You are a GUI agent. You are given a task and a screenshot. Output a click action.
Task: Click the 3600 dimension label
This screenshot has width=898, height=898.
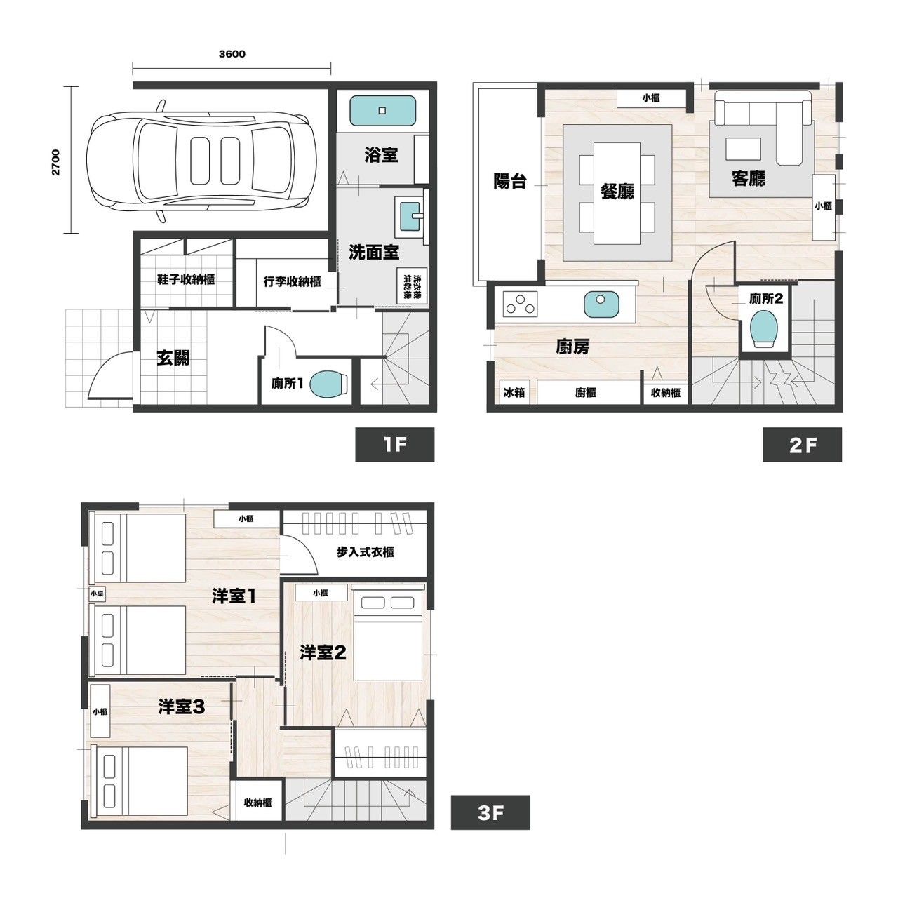[x=232, y=54]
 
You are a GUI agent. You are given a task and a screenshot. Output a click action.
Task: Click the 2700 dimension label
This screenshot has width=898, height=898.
[x=56, y=161]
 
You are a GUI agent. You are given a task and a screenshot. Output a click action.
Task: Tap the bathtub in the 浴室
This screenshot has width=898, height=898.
[x=382, y=110]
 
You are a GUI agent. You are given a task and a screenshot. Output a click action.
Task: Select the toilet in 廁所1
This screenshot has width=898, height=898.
[x=329, y=384]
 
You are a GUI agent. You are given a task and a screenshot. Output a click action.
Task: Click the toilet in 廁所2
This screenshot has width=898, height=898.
[x=764, y=328]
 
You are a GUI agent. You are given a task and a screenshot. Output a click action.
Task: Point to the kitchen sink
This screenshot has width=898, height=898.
[x=602, y=304]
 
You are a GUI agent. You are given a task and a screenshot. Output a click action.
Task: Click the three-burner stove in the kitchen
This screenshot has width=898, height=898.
[x=521, y=303]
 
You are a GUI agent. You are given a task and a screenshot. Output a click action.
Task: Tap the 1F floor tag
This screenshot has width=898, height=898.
[x=395, y=445]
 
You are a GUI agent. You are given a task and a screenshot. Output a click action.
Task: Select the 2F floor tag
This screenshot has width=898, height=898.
[x=802, y=445]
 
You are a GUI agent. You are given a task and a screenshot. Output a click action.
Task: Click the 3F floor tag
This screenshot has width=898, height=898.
[x=490, y=812]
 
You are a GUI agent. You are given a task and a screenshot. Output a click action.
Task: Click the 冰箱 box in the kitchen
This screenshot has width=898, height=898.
[x=514, y=392]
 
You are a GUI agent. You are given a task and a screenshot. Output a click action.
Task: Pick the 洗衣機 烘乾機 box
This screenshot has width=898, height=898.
[x=412, y=286]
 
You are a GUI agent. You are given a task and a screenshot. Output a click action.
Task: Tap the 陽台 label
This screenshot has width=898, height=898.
[x=510, y=181]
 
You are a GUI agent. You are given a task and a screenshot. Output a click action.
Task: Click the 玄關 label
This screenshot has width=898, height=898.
[x=173, y=358]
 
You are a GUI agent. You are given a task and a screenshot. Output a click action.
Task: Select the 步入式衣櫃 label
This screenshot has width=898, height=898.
[x=366, y=552]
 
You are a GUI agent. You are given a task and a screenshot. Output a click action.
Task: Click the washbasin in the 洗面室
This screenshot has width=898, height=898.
[x=410, y=217]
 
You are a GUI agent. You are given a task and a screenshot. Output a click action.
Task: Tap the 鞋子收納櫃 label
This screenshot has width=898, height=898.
[x=186, y=279]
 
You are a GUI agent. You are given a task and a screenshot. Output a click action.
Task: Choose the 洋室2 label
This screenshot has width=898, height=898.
[x=323, y=652]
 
